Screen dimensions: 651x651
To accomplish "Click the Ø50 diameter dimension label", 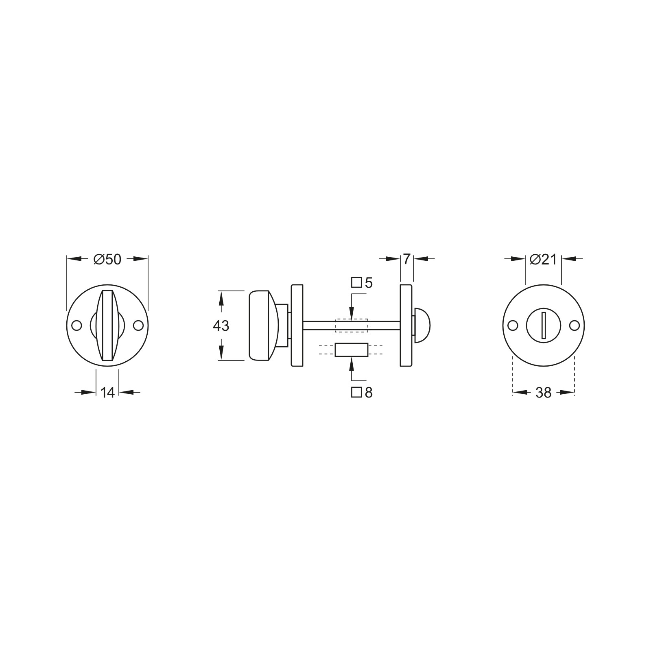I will click(107, 259).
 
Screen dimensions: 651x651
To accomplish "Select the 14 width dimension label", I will click(107, 393).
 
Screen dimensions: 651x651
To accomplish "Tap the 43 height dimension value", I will click(221, 326).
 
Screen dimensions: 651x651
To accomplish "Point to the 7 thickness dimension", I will click(406, 259).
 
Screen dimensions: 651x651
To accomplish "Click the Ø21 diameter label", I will click(543, 259).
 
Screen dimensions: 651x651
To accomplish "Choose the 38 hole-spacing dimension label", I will click(543, 393).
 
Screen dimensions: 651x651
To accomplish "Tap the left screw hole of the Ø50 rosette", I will click(76, 325).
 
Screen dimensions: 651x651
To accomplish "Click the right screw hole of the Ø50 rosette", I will click(138, 325).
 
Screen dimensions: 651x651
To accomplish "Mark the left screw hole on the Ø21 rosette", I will click(513, 325).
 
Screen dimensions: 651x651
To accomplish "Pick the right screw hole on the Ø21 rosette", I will click(574, 325).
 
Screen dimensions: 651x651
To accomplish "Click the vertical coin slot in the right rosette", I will click(544, 325).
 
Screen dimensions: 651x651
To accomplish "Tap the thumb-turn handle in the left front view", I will click(107, 325).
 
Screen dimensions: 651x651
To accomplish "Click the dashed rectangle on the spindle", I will click(351, 325).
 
